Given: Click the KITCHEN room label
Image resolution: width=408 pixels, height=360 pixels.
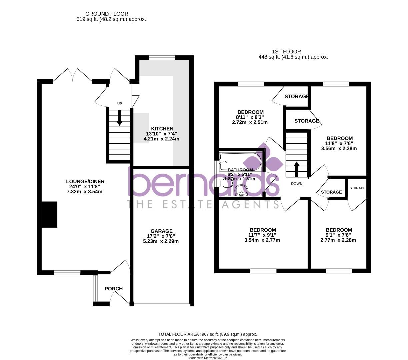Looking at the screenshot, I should point(162,129).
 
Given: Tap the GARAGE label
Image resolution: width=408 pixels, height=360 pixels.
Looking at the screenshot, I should point(161,231).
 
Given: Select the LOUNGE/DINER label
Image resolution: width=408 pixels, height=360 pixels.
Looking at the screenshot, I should point(85,181).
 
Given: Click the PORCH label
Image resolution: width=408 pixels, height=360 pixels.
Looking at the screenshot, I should point(114,289).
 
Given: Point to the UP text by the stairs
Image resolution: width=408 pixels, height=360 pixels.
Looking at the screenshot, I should point(119,104).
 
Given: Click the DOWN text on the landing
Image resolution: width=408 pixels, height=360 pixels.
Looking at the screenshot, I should point(296,184).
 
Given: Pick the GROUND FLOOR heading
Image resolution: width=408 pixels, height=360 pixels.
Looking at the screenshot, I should point(107,14).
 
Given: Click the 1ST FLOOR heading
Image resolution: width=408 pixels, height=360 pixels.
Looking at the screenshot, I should point(286,52).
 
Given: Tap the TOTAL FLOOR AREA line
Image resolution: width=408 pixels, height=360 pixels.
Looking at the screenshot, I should point(208,334).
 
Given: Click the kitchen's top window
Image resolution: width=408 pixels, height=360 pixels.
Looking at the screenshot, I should point(162,58).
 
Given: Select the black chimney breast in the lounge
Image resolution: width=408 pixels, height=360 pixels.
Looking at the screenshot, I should point(49,215).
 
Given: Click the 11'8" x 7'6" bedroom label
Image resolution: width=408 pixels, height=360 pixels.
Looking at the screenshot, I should point(339,138).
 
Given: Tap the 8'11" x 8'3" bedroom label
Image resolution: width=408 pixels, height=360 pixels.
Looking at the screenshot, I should point(250,112).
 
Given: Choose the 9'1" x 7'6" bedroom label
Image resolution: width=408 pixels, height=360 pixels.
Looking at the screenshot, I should point(339,230).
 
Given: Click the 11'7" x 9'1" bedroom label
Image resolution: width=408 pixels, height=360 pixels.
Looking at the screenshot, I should point(263,230).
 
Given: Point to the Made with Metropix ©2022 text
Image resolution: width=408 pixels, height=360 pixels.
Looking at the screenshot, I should point(208,358).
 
